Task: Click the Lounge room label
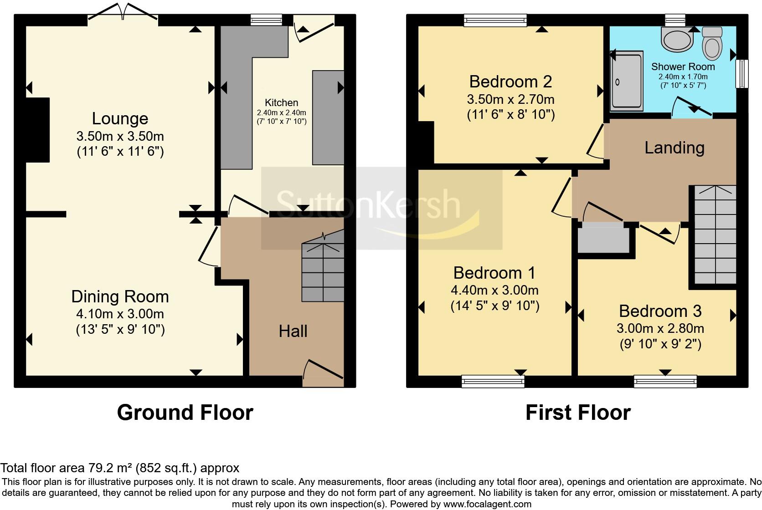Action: (x=120, y=118)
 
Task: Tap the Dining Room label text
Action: (x=120, y=296)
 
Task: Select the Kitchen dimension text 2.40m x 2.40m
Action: (x=281, y=113)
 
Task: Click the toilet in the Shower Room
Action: (x=712, y=44)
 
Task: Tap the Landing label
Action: (x=674, y=148)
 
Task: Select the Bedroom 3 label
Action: (x=660, y=311)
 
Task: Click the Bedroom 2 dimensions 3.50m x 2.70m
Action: (x=510, y=99)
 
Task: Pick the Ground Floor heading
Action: (x=185, y=412)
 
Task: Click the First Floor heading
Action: (x=577, y=412)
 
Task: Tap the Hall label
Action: (x=293, y=331)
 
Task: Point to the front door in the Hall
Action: (x=323, y=373)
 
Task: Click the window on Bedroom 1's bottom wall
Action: (x=493, y=381)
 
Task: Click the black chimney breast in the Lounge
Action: (x=37, y=130)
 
